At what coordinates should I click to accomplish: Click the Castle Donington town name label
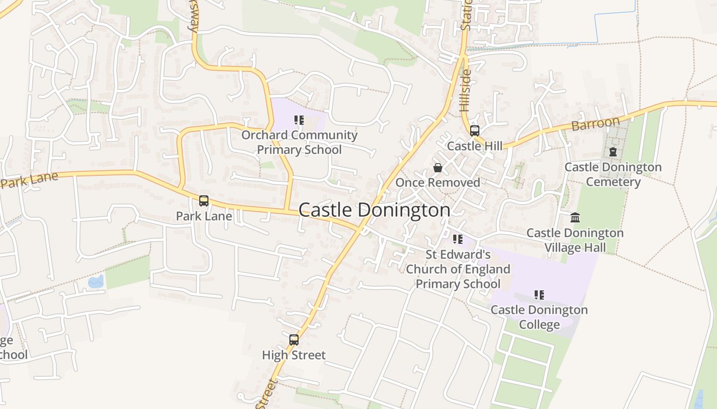click(374, 210)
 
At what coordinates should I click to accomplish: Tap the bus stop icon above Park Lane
click(204, 201)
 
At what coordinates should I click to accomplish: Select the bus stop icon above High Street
click(294, 339)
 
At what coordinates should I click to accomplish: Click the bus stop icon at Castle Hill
click(475, 131)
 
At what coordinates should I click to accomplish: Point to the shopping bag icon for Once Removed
click(438, 168)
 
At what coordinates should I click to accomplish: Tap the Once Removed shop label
click(438, 183)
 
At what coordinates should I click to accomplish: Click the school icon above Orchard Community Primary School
click(299, 121)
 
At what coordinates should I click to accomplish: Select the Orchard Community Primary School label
click(300, 143)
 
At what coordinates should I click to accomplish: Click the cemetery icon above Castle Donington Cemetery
click(613, 152)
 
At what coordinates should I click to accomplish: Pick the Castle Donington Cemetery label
click(613, 174)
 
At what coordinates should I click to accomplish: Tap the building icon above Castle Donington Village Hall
click(575, 218)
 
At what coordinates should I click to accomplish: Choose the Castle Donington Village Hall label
click(575, 240)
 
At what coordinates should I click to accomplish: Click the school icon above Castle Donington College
click(539, 295)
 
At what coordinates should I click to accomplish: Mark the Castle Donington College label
click(539, 317)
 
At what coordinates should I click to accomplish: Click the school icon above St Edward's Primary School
click(458, 239)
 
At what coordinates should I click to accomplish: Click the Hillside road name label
click(465, 91)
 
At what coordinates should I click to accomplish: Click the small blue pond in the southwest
click(96, 282)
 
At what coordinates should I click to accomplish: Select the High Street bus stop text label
click(294, 355)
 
